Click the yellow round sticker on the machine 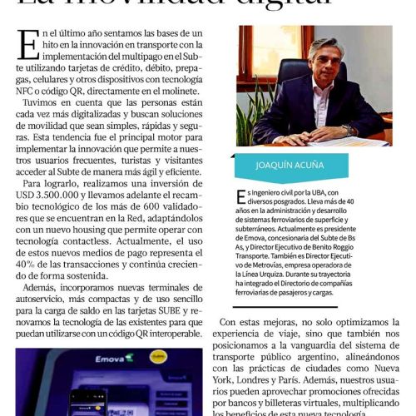tap(158, 355)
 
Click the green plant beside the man tap(248, 108)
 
